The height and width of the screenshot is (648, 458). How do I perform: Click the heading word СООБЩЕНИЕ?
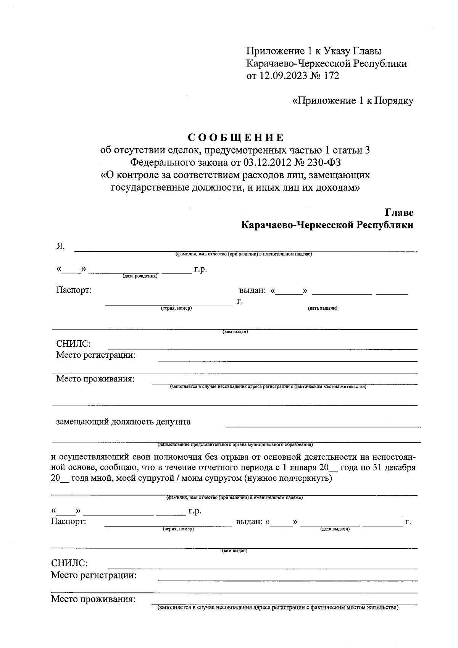coord(236,137)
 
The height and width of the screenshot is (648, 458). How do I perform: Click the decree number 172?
coord(331,76)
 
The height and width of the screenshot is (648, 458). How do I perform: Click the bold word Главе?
coord(399,212)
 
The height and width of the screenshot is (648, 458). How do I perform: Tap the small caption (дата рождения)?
coord(140,276)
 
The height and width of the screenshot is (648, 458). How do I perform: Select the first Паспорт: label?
coord(74,290)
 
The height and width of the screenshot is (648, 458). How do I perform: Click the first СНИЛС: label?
coord(73,344)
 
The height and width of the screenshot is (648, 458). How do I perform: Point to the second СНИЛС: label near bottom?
coord(69,563)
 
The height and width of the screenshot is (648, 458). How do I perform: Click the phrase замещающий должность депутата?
coord(123,422)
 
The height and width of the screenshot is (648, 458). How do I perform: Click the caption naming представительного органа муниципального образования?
coord(235,444)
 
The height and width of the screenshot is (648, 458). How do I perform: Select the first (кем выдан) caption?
coord(235,332)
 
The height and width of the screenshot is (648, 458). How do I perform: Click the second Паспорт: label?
coord(68,521)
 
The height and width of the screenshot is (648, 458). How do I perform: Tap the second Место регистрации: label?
coord(94,575)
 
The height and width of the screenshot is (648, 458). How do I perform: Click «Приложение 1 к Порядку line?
coord(352,101)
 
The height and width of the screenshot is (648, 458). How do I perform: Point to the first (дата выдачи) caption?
coord(322,308)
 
